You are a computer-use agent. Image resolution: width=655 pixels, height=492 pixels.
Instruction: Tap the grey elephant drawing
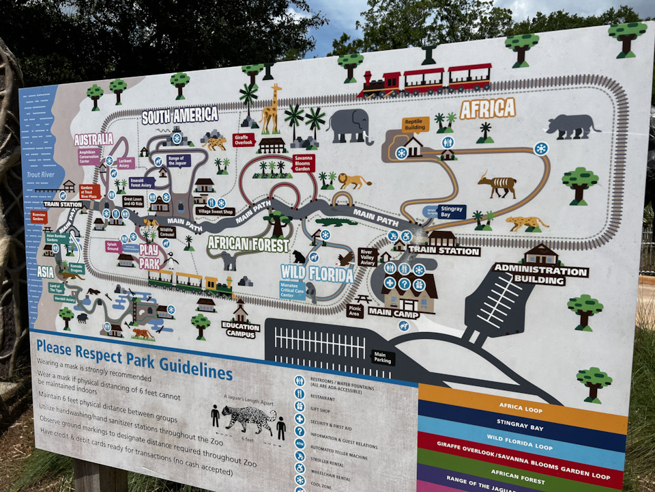pyautogui.click(x=349, y=124)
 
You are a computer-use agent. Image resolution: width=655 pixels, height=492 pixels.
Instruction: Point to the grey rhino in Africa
pyautogui.click(x=571, y=126)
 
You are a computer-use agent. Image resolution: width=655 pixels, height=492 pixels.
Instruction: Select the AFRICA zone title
pyautogui.click(x=487, y=108)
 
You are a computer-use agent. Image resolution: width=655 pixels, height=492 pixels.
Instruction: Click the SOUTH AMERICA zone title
pyautogui.click(x=179, y=115)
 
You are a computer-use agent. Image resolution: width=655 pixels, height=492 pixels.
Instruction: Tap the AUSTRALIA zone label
pyautogui.click(x=93, y=139)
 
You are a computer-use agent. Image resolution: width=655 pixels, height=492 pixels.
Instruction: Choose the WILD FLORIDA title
pyautogui.click(x=317, y=274)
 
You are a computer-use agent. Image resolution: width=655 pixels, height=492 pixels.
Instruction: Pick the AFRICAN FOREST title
pyautogui.click(x=248, y=243)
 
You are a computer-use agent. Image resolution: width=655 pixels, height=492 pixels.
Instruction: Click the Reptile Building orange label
pyautogui.click(x=415, y=124)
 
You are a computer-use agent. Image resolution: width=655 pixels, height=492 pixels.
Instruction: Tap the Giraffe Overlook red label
pyautogui.click(x=244, y=140)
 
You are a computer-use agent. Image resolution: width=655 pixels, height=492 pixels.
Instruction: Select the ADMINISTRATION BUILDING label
pyautogui.click(x=540, y=273)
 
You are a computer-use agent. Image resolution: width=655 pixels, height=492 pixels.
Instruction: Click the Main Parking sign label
pyautogui.click(x=383, y=357)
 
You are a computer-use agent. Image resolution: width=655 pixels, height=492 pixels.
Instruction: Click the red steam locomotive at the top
pyautogui.click(x=379, y=84)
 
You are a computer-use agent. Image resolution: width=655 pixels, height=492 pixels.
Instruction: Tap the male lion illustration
pyautogui.click(x=354, y=181)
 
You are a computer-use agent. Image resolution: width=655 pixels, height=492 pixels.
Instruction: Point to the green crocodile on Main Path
pyautogui.click(x=336, y=221)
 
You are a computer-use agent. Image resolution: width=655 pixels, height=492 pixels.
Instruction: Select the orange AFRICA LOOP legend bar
pyautogui.click(x=522, y=408)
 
